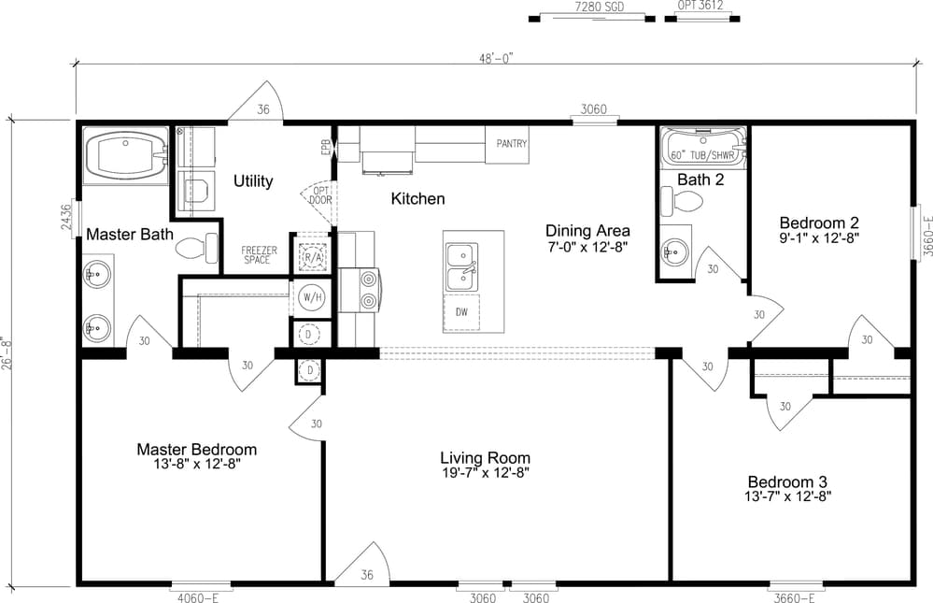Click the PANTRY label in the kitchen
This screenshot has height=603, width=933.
(x=512, y=144)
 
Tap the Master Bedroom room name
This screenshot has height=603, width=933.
(x=197, y=450)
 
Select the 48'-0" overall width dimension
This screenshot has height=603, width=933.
(x=496, y=57)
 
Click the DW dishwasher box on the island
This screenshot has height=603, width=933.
(x=461, y=312)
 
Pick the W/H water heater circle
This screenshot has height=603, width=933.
(x=311, y=296)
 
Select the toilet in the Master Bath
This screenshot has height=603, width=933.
(x=198, y=248)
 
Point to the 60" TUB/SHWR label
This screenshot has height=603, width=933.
(x=702, y=155)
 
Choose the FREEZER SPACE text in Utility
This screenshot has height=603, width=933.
(x=259, y=255)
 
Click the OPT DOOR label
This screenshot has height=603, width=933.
(x=320, y=195)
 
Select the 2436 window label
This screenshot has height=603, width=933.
(x=66, y=218)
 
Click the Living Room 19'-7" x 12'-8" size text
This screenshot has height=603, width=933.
(x=485, y=473)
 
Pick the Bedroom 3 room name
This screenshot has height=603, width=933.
(x=787, y=481)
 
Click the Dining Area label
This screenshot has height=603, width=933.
(x=587, y=231)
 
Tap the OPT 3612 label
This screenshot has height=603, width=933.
(x=700, y=6)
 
